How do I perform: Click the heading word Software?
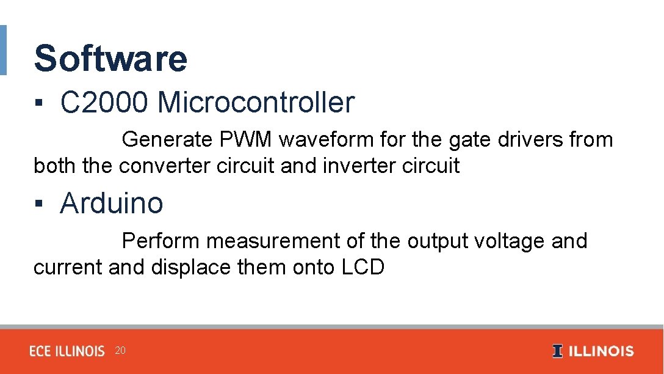tap(110, 59)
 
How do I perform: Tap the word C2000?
tap(104, 103)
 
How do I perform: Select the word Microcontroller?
tap(256, 103)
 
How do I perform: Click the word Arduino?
tap(112, 203)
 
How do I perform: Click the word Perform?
tap(161, 241)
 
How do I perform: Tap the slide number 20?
tap(120, 351)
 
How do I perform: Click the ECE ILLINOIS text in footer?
tap(67, 351)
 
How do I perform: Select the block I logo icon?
tap(557, 351)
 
